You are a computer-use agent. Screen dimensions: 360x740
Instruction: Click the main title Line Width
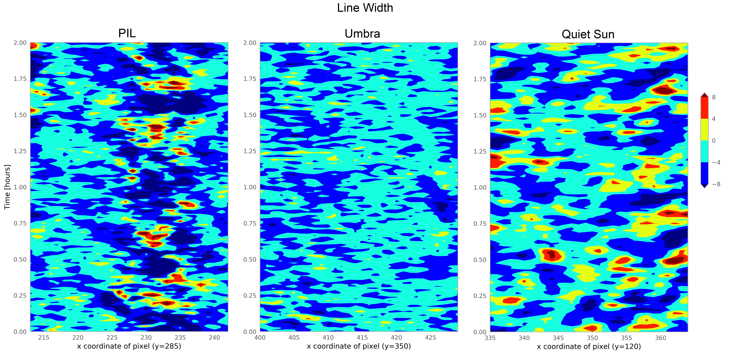point(365,8)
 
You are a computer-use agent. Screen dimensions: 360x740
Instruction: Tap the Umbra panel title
point(362,34)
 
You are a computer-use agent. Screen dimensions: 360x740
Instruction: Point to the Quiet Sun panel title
point(588,34)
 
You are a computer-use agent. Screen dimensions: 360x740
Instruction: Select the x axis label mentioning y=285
point(129,346)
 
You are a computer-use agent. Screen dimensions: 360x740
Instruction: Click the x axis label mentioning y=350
point(359,346)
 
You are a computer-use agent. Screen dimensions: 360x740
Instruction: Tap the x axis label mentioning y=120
point(589,346)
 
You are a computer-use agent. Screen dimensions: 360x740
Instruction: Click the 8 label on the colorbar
point(714,97)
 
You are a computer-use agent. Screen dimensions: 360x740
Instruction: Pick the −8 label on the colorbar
point(716,184)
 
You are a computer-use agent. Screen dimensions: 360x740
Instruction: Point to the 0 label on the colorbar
point(714,141)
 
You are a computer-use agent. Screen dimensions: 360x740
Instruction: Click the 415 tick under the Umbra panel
point(362,338)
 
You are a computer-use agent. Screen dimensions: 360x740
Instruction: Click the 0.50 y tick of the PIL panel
point(20,260)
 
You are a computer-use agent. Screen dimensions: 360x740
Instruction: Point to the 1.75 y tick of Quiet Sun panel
point(480,79)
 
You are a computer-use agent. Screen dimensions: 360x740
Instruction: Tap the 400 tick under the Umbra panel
point(260,338)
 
